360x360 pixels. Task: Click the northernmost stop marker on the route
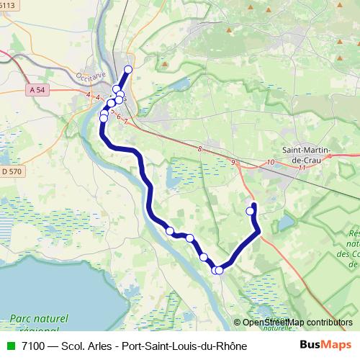click(128, 70)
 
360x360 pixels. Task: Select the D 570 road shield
click(12, 171)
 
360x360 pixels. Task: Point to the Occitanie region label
click(89, 75)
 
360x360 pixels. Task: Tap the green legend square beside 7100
click(9, 346)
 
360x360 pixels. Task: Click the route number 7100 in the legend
click(35, 346)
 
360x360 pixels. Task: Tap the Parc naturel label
click(39, 318)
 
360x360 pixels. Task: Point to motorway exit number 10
click(270, 163)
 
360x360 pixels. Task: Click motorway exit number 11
click(302, 167)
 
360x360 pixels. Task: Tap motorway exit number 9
click(233, 163)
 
